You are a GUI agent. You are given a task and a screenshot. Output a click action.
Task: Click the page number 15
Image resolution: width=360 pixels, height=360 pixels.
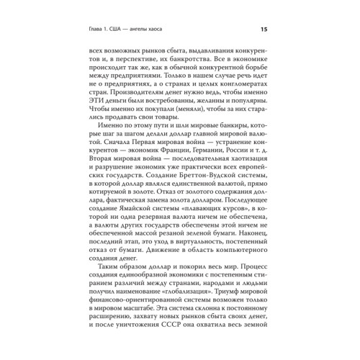point(264,29)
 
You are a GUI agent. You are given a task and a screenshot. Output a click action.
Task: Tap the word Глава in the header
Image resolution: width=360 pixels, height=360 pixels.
point(104,29)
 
